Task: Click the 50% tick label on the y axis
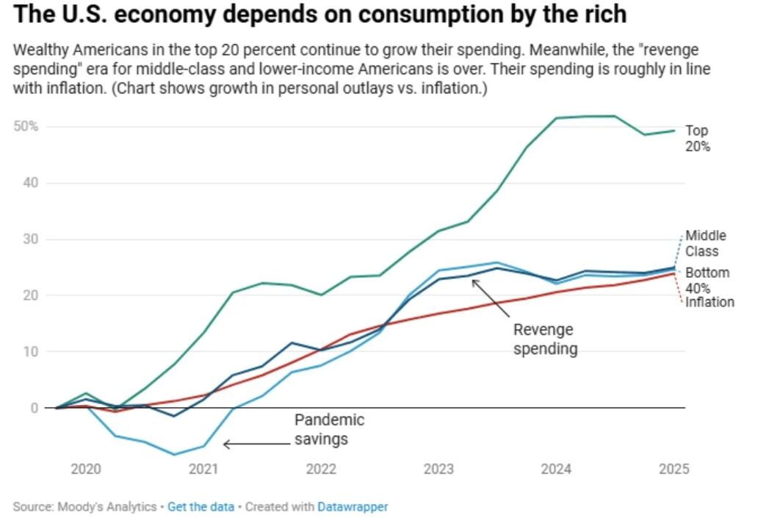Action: [x=26, y=126]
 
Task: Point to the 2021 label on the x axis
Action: [x=203, y=469]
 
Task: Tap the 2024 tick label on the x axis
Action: [x=556, y=469]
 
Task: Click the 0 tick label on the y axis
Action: [x=34, y=408]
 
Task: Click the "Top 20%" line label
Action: [x=698, y=138]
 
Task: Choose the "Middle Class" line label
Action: [x=706, y=243]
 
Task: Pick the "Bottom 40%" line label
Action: [x=707, y=280]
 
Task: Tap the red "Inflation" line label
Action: [x=710, y=302]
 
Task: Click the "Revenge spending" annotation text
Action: [x=545, y=339]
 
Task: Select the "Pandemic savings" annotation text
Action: [x=329, y=430]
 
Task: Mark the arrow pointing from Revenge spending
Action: [x=492, y=297]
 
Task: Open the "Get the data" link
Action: [x=201, y=506]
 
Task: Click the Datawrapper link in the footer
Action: [x=353, y=506]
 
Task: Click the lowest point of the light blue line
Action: [x=174, y=454]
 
